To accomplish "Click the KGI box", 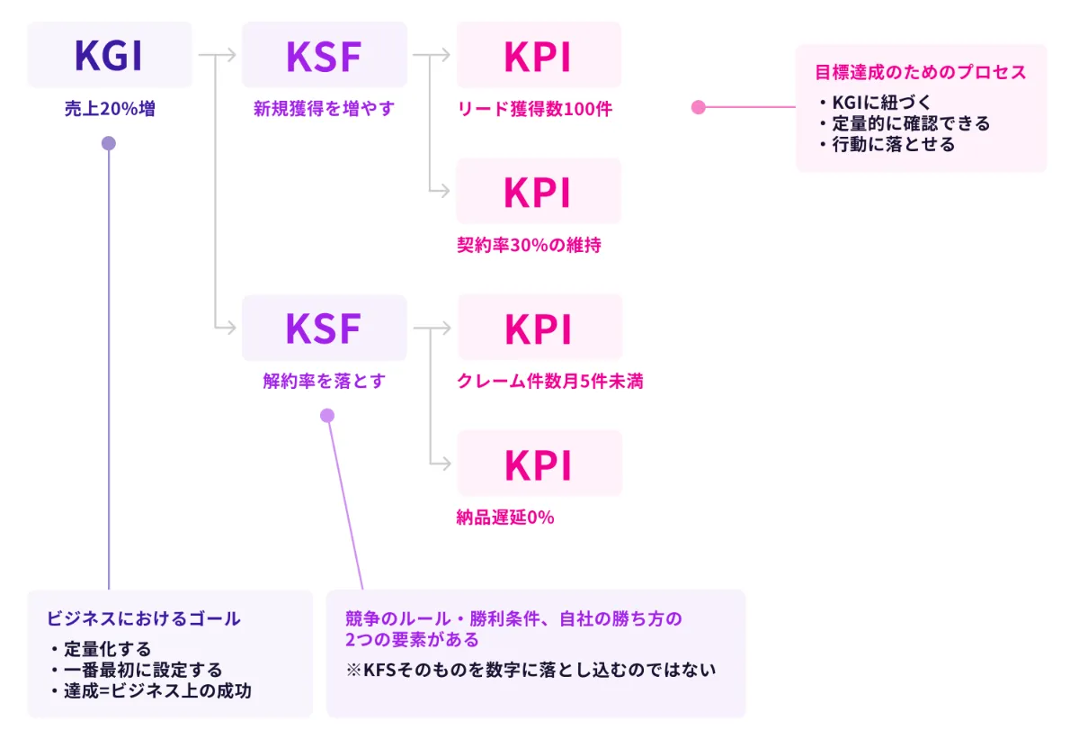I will tap(109, 55).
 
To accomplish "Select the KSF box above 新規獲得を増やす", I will tap(324, 55).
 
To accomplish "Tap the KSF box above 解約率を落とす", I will tap(324, 328).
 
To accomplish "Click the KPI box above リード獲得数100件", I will tap(538, 55).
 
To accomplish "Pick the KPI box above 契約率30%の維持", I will tap(538, 191).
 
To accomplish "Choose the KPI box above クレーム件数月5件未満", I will tap(539, 328).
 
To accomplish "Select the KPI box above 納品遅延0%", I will tap(539, 464).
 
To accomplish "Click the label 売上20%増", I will tap(109, 110).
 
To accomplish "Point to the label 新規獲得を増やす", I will tap(324, 110).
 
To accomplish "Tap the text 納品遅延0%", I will tap(505, 518).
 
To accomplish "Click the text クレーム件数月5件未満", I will tap(550, 382).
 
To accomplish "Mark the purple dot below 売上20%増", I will tap(109, 143).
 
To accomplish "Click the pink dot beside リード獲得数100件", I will tap(698, 107).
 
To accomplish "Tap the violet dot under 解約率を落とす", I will tap(327, 415).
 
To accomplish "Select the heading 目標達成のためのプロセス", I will tap(920, 73).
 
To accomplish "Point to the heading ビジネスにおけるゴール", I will tap(143, 619).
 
